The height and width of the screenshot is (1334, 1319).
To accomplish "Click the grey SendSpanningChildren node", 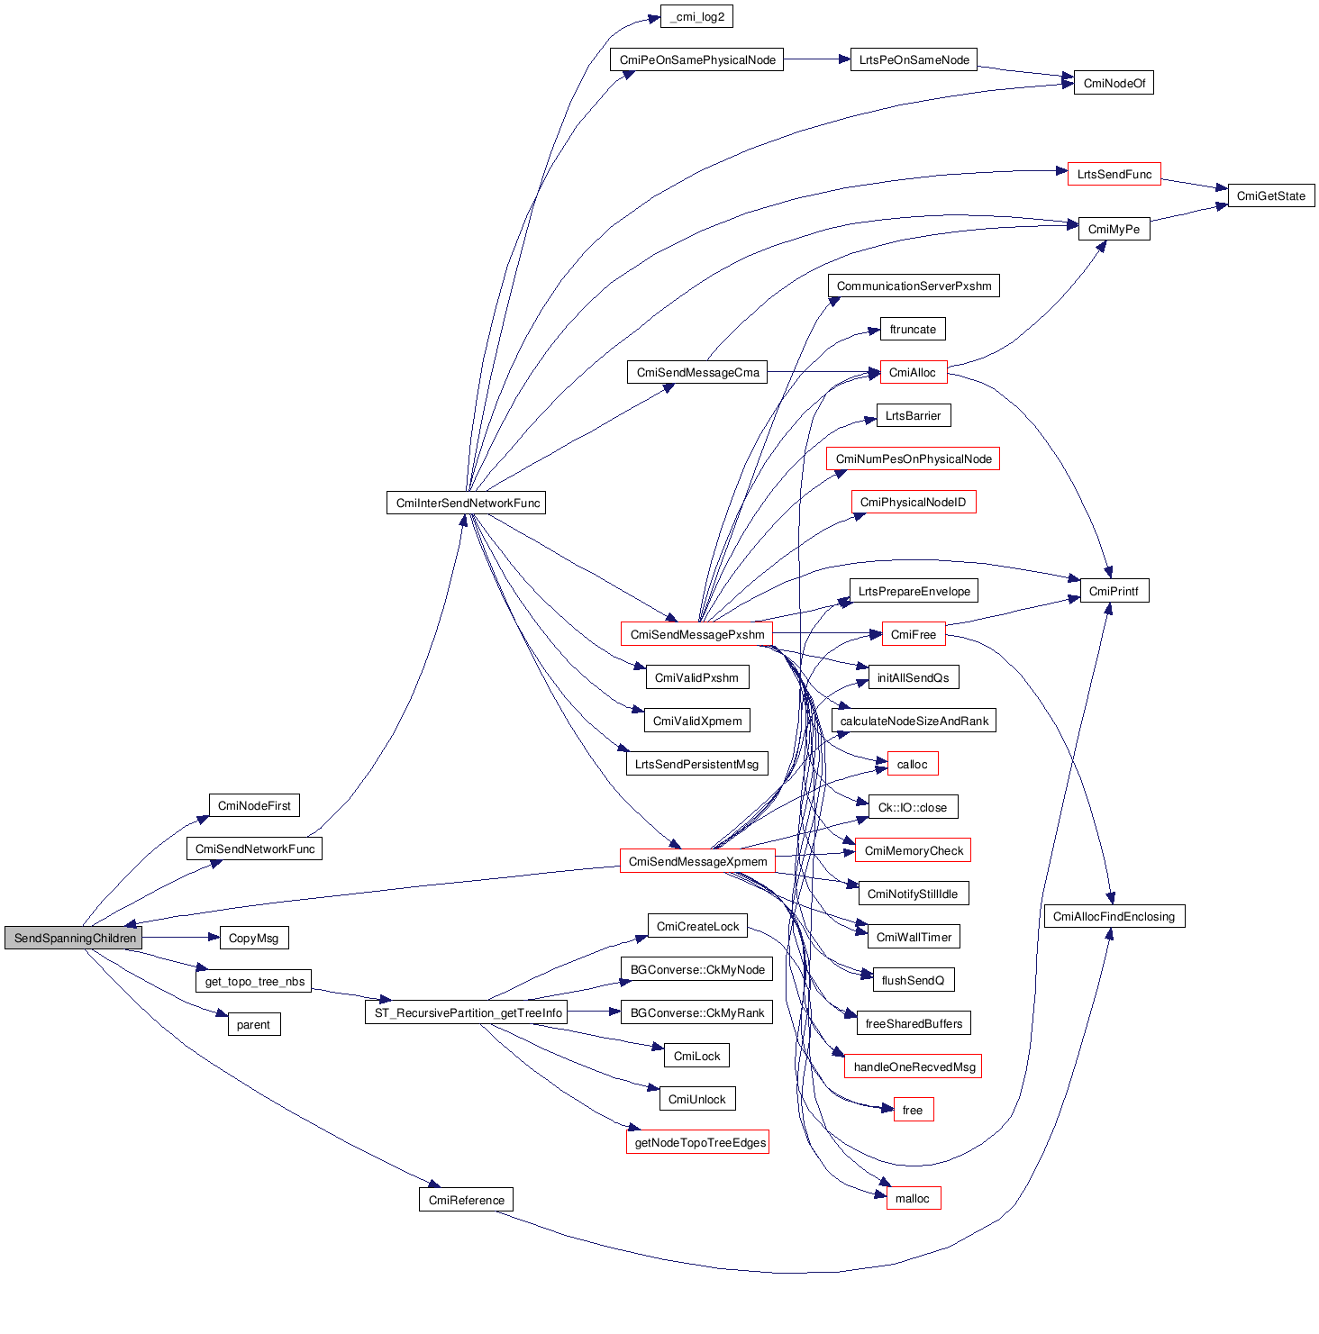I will click(74, 938).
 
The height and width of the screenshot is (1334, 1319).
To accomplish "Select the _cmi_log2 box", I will click(696, 16).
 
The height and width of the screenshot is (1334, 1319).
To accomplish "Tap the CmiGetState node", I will click(1270, 195).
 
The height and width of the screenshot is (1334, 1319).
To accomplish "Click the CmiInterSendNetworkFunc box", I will click(467, 503).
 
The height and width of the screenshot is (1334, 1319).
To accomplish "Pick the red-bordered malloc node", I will click(913, 1198).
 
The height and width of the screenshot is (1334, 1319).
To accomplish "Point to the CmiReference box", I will click(466, 1200).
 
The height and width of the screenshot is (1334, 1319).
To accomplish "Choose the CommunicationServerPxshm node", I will click(914, 286).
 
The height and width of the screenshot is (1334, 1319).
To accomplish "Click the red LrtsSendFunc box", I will click(1114, 174).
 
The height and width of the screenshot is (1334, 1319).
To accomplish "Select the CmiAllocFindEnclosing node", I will click(1114, 916).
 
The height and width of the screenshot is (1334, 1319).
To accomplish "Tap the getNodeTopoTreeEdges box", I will click(698, 1142).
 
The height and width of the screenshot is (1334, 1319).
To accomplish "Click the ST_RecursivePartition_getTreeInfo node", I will click(468, 1012).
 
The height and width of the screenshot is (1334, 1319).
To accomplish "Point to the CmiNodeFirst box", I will click(254, 805).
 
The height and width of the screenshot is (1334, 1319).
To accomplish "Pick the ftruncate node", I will click(913, 329).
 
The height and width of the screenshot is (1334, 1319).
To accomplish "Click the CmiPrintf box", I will click(1114, 591).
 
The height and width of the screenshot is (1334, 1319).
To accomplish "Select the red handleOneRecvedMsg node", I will click(914, 1066).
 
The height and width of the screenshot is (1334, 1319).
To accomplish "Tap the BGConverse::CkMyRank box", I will click(696, 1012).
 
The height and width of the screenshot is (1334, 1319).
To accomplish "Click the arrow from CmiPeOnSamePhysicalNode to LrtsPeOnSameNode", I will click(816, 59).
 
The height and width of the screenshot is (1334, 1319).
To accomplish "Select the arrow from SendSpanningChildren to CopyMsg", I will click(180, 938).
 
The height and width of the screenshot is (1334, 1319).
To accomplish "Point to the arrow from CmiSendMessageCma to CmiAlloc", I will click(823, 372).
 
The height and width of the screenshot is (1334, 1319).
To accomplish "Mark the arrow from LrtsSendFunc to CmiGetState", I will click(1195, 184).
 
